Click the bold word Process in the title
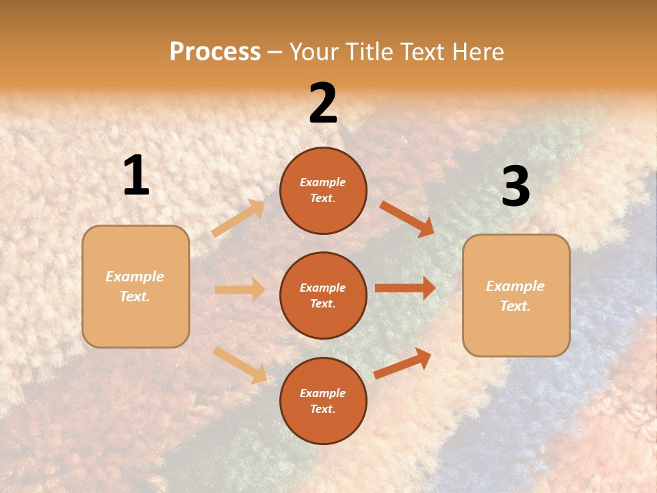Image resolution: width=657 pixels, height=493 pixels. [215, 52]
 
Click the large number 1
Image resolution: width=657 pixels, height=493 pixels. [136, 177]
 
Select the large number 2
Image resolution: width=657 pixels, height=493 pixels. [323, 104]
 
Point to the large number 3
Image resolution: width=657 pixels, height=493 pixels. [515, 187]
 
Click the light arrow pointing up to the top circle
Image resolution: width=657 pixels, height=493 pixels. [238, 218]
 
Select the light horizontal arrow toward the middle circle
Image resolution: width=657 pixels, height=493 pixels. [240, 290]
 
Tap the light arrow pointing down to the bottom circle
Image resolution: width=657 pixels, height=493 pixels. [240, 365]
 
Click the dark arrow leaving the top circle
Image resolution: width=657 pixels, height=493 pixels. [407, 218]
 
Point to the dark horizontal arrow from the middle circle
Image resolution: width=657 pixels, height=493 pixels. [405, 288]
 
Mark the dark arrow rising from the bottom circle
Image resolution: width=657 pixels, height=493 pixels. [403, 363]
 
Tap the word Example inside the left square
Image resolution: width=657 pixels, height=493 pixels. [135, 277]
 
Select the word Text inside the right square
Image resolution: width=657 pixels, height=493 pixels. [515, 306]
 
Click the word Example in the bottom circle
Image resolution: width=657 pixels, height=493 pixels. [323, 393]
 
